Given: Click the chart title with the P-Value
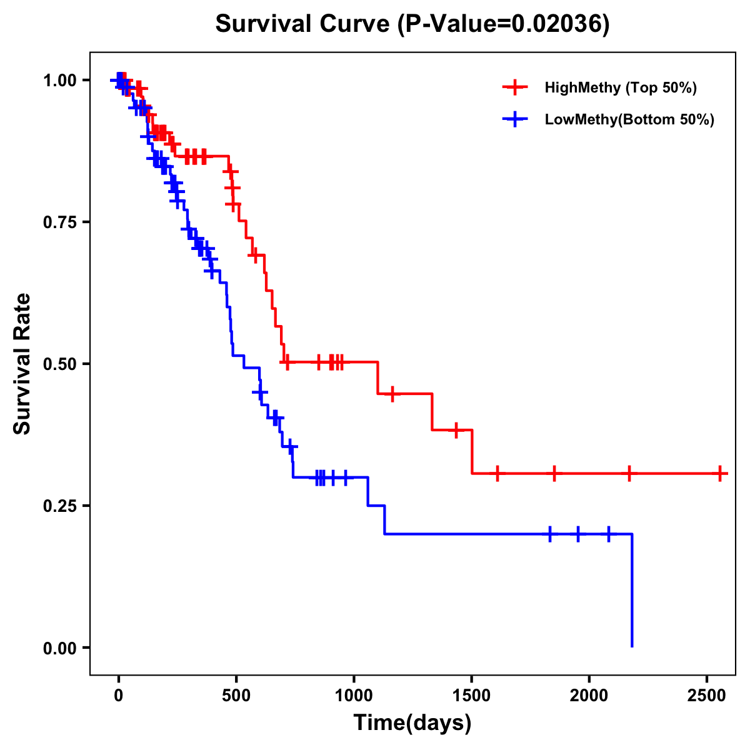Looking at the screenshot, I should tap(412, 24).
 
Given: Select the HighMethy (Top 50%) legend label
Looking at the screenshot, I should tap(620, 87).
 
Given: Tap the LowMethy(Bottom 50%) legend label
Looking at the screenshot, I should tap(629, 119).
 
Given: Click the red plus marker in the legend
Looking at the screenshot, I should tap(515, 87).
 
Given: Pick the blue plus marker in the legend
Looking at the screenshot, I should tap(515, 119).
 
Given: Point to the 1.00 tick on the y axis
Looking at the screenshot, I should tap(61, 81).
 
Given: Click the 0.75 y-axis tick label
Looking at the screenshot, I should tap(61, 222).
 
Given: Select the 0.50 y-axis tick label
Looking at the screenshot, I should tap(61, 364).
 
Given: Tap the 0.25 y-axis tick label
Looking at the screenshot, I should tap(61, 506).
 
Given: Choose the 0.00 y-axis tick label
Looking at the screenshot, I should tap(61, 648).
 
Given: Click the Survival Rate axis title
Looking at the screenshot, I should tap(22, 364).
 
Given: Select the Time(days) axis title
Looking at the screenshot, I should tap(412, 723).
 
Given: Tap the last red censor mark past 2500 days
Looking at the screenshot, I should tap(720, 473).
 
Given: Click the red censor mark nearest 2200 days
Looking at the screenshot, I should tap(629, 473).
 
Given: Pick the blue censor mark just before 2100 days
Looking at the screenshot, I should tap(608, 534).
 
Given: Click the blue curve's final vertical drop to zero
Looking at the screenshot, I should tap(632, 591).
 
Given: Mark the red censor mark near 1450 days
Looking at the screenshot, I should tap(456, 430).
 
